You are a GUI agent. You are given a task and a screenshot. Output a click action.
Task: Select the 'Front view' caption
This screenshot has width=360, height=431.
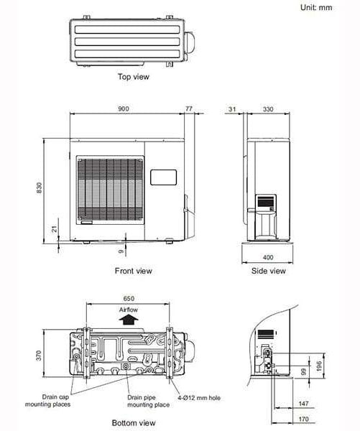133,271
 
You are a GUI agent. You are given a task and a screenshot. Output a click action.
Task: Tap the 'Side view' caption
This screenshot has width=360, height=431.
268,271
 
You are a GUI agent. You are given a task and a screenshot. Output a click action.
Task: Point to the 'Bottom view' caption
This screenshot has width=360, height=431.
133,423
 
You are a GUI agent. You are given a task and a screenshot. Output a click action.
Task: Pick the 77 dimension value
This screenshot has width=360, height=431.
189,108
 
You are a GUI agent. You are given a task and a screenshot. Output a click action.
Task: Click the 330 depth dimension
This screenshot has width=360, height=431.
267,108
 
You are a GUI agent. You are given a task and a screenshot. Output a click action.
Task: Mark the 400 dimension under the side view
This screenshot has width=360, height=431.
268,256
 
